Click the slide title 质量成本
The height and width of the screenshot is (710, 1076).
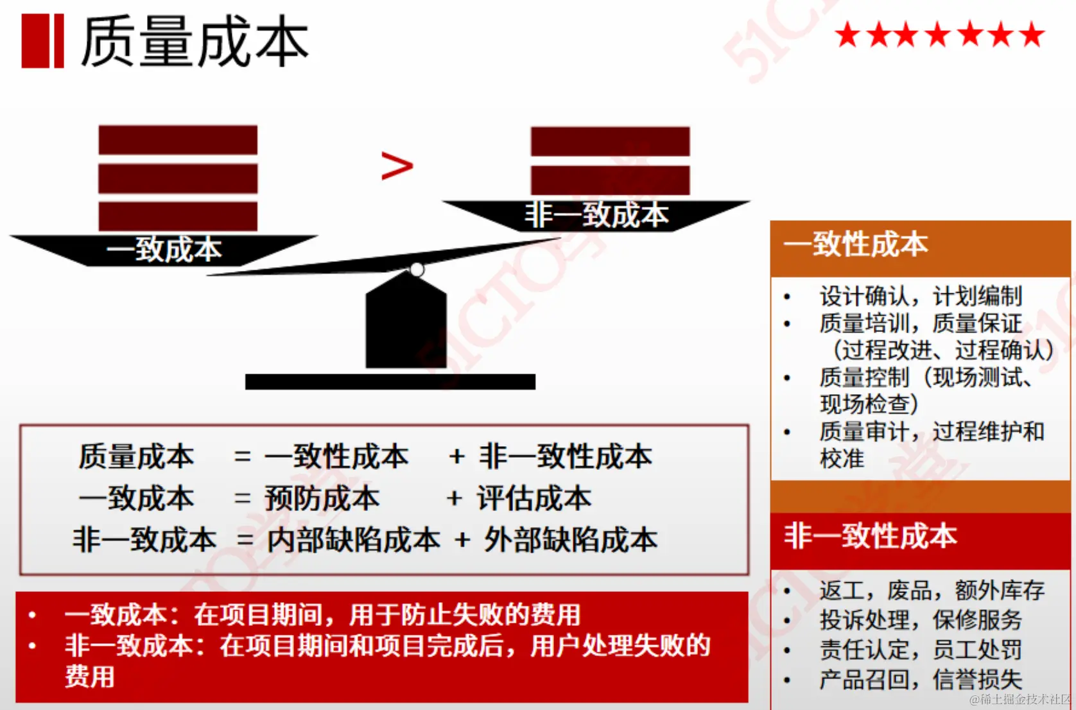[195, 42]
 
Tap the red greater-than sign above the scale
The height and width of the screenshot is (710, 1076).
[397, 166]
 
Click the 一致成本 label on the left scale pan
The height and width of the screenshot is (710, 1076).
[164, 250]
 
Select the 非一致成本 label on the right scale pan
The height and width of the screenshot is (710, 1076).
[596, 215]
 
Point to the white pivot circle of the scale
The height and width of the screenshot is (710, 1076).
[417, 270]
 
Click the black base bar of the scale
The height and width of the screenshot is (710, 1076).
[390, 382]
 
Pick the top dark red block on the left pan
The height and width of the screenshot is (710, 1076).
[178, 140]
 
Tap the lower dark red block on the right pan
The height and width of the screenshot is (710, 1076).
[610, 180]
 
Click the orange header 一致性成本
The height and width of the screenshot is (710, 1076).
[856, 245]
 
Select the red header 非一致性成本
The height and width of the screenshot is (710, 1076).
[870, 536]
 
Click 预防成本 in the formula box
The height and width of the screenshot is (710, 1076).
[322, 499]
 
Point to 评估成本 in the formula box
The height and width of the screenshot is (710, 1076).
[534, 499]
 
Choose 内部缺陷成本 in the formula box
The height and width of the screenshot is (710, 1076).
[354, 540]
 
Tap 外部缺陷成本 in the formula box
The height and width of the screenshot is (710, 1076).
[571, 540]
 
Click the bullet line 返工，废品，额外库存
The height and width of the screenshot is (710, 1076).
[932, 590]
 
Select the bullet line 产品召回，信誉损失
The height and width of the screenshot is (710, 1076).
[920, 679]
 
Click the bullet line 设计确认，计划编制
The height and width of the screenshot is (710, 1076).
[920, 297]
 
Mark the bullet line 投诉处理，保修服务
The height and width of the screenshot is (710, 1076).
[920, 620]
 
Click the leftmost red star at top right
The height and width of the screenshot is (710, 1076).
[847, 35]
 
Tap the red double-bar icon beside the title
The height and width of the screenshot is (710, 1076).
[42, 41]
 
